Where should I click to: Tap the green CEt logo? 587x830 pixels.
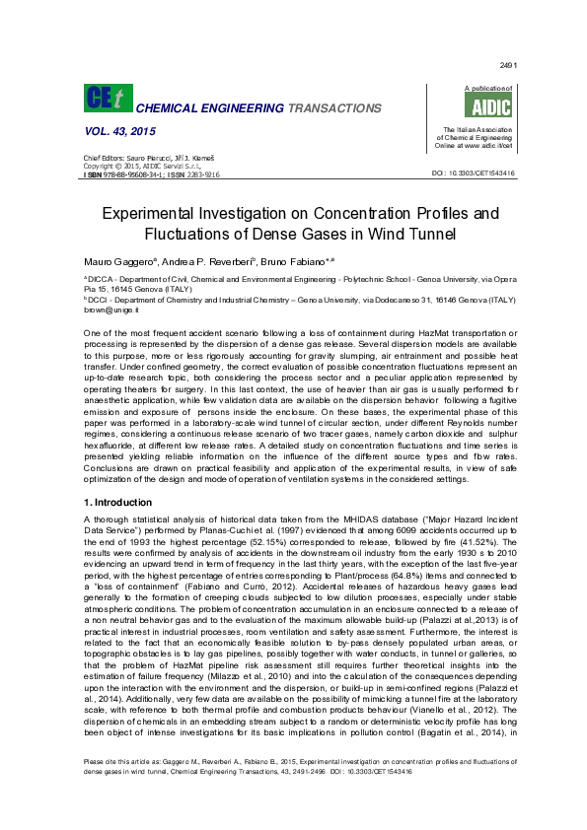pos(105,100)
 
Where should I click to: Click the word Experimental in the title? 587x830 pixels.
pos(158,213)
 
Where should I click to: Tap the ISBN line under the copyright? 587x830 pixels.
pos(151,173)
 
